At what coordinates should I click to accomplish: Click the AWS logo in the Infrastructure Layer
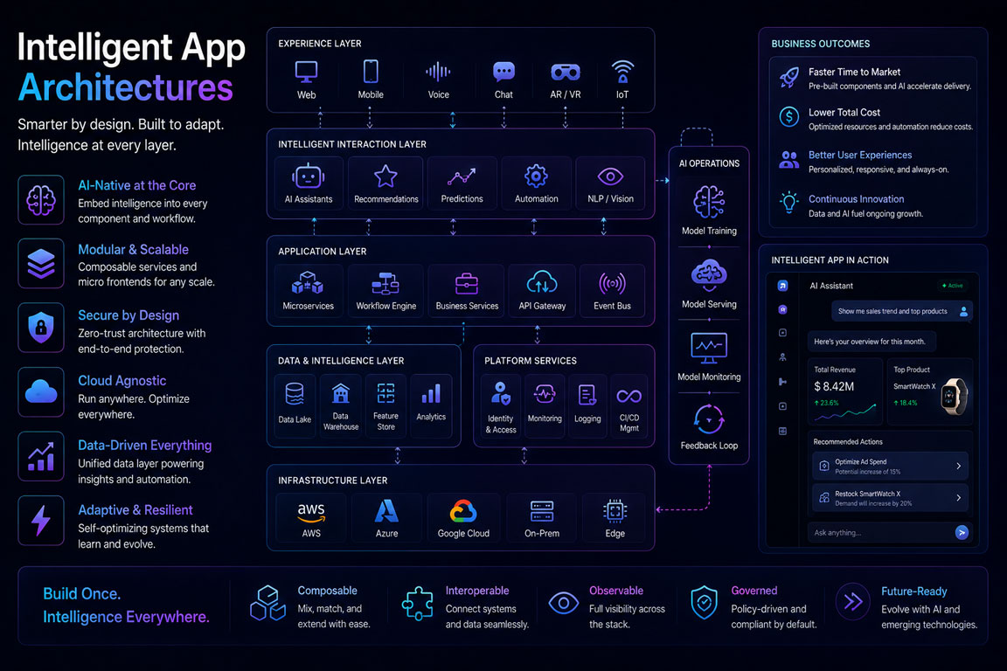pos(311,512)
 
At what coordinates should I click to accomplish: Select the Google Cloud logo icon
pos(463,512)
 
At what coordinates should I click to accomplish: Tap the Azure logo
pos(386,511)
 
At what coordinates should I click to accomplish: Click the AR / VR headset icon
pos(566,72)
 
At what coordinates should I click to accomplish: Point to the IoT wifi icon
pos(622,72)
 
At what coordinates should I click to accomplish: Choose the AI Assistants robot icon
pos(309,176)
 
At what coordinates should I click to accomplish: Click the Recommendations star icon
pos(385,176)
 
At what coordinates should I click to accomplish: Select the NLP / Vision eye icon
pos(610,176)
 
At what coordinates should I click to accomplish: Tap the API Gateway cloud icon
pos(542,282)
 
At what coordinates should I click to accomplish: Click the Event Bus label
pos(612,307)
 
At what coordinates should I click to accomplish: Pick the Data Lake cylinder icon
pos(294,394)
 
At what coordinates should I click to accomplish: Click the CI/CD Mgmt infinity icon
pos(629,396)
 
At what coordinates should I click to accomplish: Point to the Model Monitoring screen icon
pos(709,348)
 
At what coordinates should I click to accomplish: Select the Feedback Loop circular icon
pos(709,419)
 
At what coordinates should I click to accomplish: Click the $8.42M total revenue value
pos(834,386)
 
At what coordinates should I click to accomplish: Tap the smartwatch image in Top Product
pos(955,396)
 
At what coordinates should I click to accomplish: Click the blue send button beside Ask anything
pos(962,532)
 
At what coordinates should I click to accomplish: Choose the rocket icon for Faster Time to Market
pos(789,78)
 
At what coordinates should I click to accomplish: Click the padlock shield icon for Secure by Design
pos(41,328)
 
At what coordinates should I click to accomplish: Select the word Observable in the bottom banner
pos(616,591)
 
